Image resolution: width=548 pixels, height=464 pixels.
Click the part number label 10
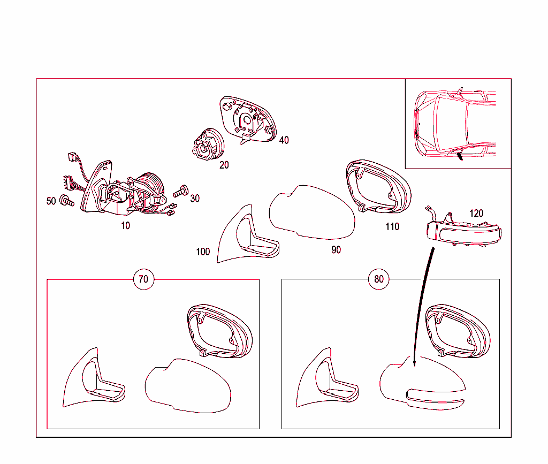(x=125, y=226)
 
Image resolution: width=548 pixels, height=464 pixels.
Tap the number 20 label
(x=224, y=165)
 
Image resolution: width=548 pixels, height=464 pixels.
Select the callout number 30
(x=195, y=199)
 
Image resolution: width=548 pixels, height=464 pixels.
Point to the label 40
(x=284, y=140)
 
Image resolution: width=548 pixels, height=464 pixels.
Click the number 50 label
(x=51, y=201)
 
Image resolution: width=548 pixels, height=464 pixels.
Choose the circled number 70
(x=143, y=279)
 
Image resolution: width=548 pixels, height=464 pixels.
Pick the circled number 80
(x=379, y=279)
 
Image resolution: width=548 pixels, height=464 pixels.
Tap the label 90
(x=336, y=250)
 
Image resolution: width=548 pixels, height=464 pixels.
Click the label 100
(x=203, y=252)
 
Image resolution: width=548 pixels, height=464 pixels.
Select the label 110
(x=392, y=227)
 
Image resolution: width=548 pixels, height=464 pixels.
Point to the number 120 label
(x=476, y=214)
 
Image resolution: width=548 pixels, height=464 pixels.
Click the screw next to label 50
(x=67, y=201)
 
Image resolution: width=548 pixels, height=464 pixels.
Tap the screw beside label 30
(x=181, y=191)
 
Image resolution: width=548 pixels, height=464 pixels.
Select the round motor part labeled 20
(x=208, y=144)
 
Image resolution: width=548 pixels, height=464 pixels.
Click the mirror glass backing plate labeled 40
(x=248, y=119)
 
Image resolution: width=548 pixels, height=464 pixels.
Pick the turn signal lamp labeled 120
(x=464, y=231)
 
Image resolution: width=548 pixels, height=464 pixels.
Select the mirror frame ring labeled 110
(x=378, y=186)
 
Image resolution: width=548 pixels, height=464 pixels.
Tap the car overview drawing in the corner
(x=455, y=123)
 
